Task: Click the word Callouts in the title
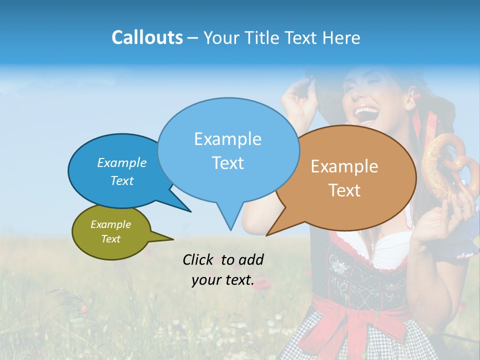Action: point(147,37)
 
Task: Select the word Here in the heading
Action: point(342,37)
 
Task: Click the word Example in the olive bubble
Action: point(111,224)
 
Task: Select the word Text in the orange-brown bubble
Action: point(344,190)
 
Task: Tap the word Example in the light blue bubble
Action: point(227,139)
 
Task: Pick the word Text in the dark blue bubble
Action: point(122,180)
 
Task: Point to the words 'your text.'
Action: point(223,280)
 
